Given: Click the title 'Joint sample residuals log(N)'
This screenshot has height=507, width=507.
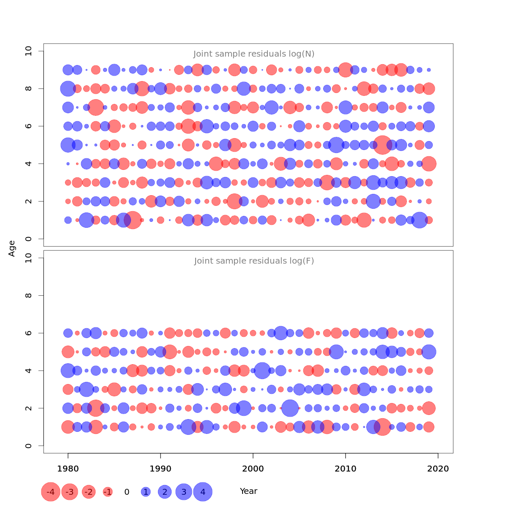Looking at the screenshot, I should point(254,54).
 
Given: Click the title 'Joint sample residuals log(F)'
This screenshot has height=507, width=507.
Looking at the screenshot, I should point(254,261).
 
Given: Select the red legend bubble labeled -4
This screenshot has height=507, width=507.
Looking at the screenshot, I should point(50,492).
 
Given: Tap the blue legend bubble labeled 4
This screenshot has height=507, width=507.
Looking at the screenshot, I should point(203,492).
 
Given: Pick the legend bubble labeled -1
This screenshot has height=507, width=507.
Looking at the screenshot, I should point(108,492).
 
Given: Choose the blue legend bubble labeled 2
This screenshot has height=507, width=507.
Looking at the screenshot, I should point(165,492).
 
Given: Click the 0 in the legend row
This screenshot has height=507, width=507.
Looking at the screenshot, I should point(127,492).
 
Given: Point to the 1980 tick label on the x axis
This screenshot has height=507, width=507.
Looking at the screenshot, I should point(68,469).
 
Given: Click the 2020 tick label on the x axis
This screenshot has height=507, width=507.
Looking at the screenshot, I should point(438,469).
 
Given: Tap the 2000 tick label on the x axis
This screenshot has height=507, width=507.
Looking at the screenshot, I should point(253,469).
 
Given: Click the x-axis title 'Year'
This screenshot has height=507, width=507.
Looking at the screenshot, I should point(248,491).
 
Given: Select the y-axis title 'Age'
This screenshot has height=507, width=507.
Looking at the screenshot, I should point(12,248).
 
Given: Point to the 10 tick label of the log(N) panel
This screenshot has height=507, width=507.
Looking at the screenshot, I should point(29,51).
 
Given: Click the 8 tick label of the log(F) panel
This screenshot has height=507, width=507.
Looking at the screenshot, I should point(29,295).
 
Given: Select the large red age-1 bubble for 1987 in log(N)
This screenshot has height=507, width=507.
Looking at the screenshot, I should point(133,220).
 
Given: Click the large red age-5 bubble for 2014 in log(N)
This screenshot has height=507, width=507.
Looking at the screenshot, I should point(382,145).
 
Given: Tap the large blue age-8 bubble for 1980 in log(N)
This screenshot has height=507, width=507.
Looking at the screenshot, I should point(68,89).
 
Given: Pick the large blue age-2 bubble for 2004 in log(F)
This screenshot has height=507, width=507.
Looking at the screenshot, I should point(290,408).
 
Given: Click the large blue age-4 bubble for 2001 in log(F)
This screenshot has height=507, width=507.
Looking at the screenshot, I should point(262,371).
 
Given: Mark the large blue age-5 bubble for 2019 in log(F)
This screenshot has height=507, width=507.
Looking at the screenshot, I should point(429,352).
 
